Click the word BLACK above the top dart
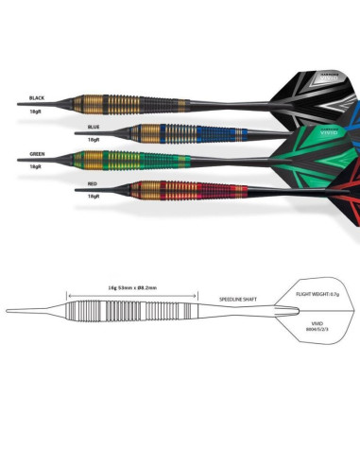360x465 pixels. click(37, 97)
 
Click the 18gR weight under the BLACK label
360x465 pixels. click(36, 111)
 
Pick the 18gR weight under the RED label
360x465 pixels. click(92, 195)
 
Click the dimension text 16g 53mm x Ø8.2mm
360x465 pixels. click(132, 289)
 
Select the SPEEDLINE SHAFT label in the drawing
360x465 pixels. click(238, 297)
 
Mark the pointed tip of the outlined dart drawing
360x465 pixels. click(9, 310)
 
